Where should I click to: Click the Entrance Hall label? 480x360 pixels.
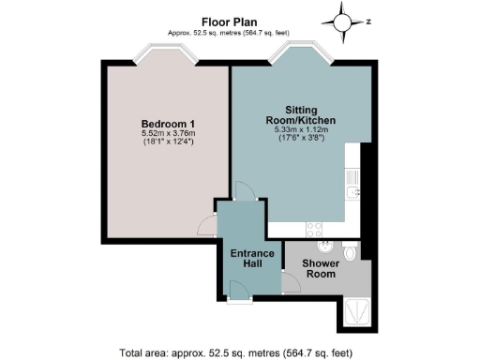click(251, 260)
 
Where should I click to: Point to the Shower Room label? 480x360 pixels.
click(320, 269)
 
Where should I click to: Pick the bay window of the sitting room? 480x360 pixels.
click(297, 57)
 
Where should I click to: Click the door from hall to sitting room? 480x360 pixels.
click(242, 193)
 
